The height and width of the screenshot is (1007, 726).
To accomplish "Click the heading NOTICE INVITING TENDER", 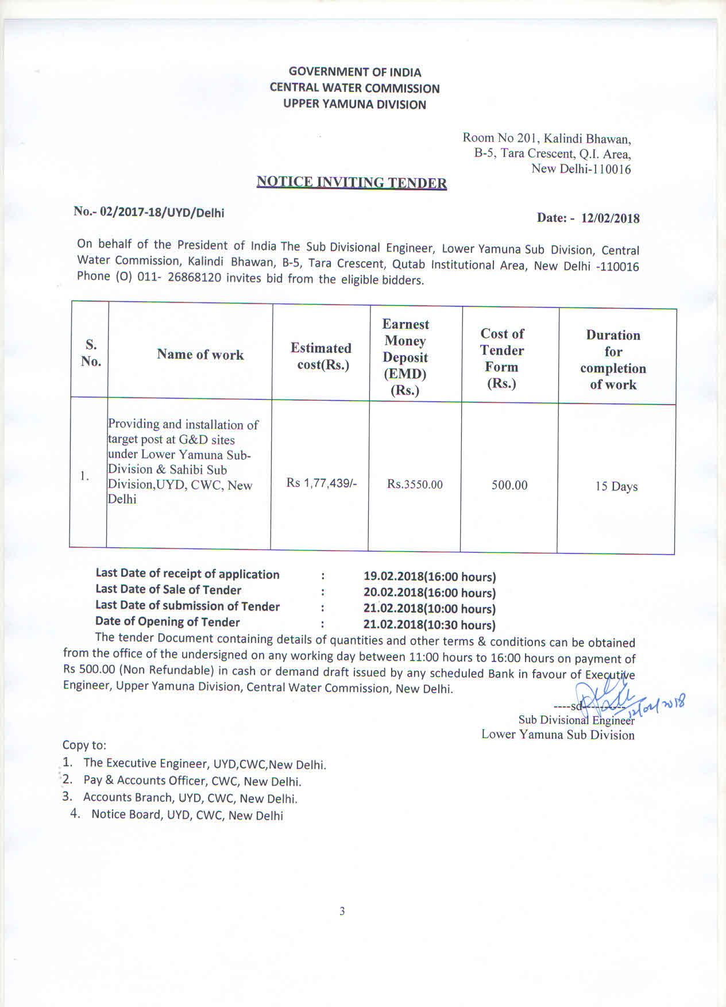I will [x=352, y=182].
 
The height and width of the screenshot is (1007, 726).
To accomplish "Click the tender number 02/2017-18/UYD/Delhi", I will [x=162, y=212].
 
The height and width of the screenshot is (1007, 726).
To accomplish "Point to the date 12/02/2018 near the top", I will [x=610, y=218].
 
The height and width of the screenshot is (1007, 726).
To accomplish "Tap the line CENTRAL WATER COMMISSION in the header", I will [x=355, y=89].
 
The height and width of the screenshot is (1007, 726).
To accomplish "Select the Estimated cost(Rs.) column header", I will [x=321, y=356].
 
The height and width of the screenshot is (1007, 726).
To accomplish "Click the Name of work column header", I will [x=200, y=355].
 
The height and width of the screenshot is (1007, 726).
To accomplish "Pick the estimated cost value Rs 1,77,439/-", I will [x=322, y=483].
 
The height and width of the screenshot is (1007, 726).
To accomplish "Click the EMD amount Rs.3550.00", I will [x=415, y=485].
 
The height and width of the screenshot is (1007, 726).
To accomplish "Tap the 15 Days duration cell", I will [x=616, y=487].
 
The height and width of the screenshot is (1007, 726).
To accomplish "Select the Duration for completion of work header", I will [x=613, y=360].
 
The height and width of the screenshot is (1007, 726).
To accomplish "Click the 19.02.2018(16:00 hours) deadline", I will [x=430, y=576].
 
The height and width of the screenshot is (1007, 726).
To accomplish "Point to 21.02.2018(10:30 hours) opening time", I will [x=429, y=625].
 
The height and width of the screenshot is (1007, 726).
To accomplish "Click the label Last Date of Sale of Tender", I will [x=168, y=590].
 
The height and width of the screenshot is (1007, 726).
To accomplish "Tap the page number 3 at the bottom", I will [x=342, y=911].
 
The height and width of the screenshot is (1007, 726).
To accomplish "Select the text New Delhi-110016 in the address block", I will [x=581, y=169].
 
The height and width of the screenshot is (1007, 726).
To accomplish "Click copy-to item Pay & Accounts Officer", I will [x=192, y=781].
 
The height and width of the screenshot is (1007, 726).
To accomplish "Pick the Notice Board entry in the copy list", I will [x=187, y=815].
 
